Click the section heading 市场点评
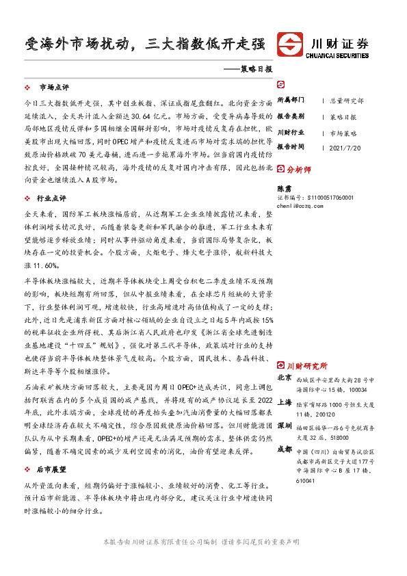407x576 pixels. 54,88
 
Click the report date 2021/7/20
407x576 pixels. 345,147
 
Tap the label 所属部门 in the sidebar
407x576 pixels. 291,100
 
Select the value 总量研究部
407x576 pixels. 347,100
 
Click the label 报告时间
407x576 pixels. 291,147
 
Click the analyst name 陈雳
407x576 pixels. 283,187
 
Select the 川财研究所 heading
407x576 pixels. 307,366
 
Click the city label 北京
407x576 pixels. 285,378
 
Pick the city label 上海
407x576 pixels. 285,403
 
